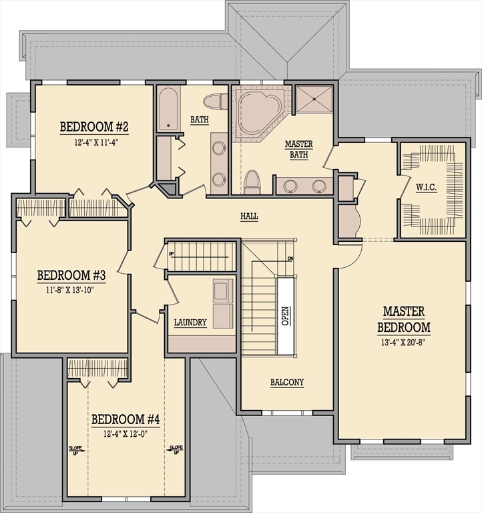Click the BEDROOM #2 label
click(x=94, y=127)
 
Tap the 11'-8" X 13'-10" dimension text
click(x=71, y=290)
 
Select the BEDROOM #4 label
click(x=126, y=419)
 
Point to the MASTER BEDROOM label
click(x=403, y=319)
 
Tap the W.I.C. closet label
click(x=425, y=187)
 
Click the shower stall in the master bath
click(x=314, y=99)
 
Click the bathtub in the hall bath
click(x=168, y=108)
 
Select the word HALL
click(x=249, y=216)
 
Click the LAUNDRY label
click(x=190, y=323)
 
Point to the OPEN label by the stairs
click(x=286, y=316)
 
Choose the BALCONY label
click(x=287, y=383)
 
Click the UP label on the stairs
click(x=171, y=254)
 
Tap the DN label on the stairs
click(x=290, y=259)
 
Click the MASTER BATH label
click(x=298, y=149)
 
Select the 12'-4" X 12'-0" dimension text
click(x=126, y=433)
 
